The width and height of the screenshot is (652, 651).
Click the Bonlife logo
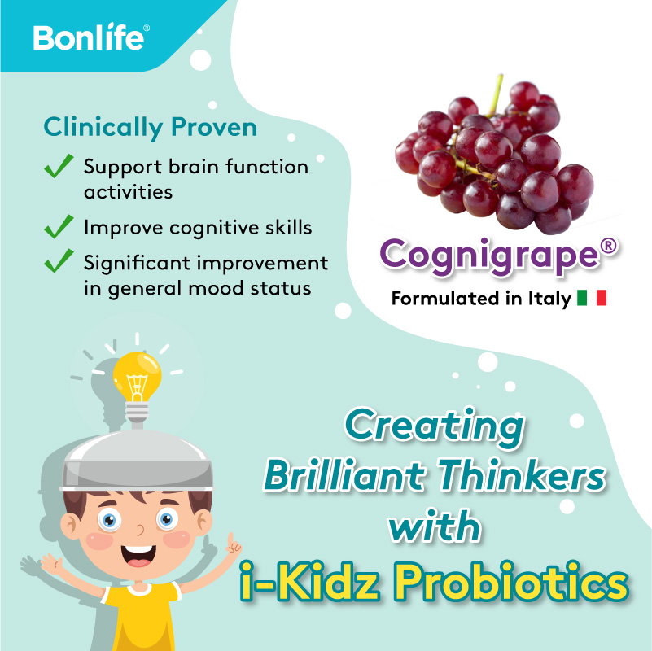coord(90,37)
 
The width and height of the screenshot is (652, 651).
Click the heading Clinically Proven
coord(151,128)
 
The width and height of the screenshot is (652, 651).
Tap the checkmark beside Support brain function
coord(59,168)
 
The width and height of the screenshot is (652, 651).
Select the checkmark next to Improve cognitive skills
coord(59,227)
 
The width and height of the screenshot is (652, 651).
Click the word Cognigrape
coord(488,255)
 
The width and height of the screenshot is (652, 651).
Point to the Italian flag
coord(592,299)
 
